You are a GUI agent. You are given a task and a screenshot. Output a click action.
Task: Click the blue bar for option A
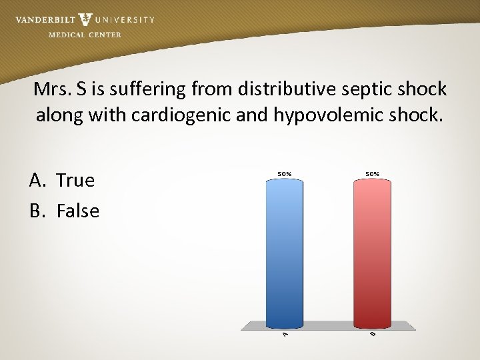(x=284, y=253)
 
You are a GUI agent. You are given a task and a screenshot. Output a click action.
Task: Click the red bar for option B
(x=372, y=253)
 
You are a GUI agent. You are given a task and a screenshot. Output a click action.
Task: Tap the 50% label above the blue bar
(x=284, y=174)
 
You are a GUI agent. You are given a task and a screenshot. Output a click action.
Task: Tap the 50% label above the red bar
(x=372, y=174)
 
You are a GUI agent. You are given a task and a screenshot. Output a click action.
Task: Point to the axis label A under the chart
(x=285, y=334)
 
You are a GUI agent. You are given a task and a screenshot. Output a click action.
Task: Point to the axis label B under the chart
(x=372, y=333)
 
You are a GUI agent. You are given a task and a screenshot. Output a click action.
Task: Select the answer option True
(x=75, y=180)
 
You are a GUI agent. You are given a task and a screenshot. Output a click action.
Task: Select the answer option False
(x=78, y=211)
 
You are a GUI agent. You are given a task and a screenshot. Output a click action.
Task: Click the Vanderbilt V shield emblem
(x=85, y=19)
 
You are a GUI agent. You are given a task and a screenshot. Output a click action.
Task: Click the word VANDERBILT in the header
(x=45, y=20)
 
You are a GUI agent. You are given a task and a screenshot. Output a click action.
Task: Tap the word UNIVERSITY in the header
(x=125, y=20)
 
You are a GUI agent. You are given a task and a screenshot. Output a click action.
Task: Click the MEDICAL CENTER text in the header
(x=85, y=35)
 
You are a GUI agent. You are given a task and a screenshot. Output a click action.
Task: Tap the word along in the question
(x=58, y=116)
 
